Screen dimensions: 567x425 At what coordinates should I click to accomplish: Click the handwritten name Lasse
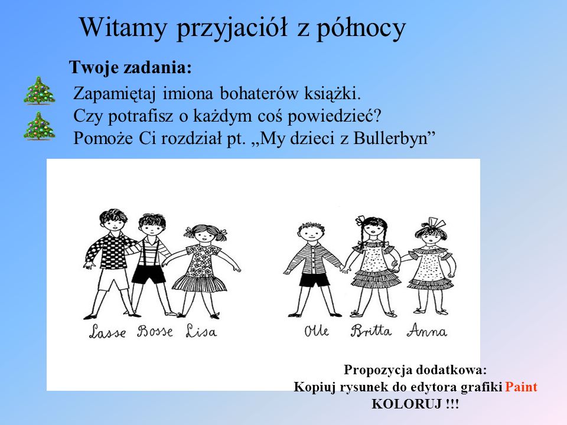click(x=107, y=331)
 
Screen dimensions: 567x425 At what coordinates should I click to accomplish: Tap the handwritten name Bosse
click(x=155, y=331)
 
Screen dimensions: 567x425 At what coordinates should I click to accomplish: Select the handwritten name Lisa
click(x=201, y=331)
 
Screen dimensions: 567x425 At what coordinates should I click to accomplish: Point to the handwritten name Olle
click(x=317, y=331)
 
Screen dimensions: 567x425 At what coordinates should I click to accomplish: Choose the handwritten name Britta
click(x=371, y=331)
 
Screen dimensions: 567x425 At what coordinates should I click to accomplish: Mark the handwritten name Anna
click(x=426, y=331)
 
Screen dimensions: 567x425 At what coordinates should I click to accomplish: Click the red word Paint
click(x=521, y=387)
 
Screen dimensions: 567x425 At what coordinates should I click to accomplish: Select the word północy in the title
click(x=361, y=28)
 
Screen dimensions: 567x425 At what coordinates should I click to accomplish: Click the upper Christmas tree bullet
click(x=40, y=91)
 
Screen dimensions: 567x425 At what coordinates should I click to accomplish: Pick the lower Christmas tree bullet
click(x=40, y=126)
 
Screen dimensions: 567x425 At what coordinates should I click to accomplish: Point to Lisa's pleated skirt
click(x=199, y=283)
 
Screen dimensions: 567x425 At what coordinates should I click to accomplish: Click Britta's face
click(x=373, y=230)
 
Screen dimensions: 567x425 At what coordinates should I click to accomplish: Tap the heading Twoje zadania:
click(x=130, y=67)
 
